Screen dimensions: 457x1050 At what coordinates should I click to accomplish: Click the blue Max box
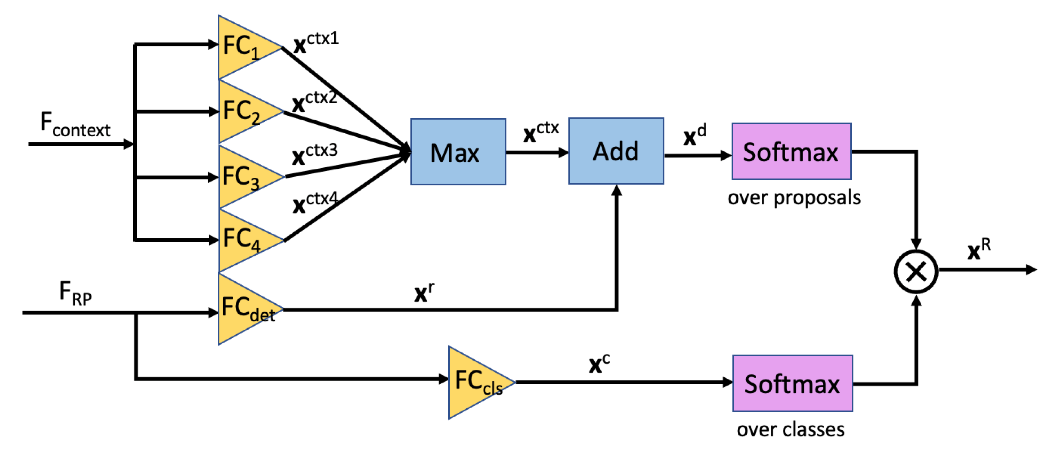click(458, 152)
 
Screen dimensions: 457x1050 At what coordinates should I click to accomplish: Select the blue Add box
click(616, 151)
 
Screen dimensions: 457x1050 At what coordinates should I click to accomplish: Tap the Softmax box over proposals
click(791, 151)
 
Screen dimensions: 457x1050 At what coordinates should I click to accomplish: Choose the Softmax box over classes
click(792, 383)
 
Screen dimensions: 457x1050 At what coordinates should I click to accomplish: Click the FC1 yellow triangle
click(242, 48)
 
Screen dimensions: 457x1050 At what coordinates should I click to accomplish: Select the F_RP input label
click(75, 293)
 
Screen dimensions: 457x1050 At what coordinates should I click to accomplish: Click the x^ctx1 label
click(316, 42)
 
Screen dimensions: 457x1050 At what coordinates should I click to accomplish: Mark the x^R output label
click(979, 249)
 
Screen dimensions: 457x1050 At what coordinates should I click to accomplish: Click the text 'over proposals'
click(794, 198)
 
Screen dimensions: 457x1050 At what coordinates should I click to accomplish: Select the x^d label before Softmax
click(695, 135)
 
